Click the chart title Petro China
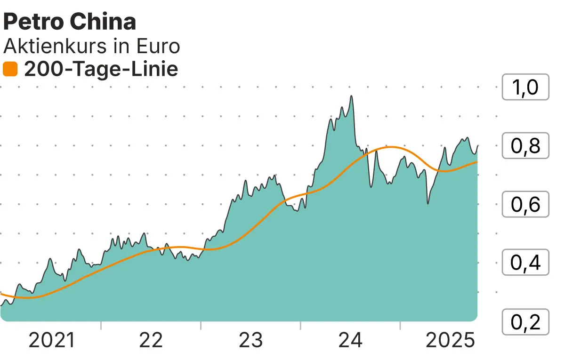70,22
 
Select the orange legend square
10,70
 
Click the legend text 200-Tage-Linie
101,70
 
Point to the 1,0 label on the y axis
525,87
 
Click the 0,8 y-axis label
525,146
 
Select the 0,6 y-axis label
525,205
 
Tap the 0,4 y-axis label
525,263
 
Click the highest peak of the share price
351,96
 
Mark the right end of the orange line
477,162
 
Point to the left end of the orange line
1,294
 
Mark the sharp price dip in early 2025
428,203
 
